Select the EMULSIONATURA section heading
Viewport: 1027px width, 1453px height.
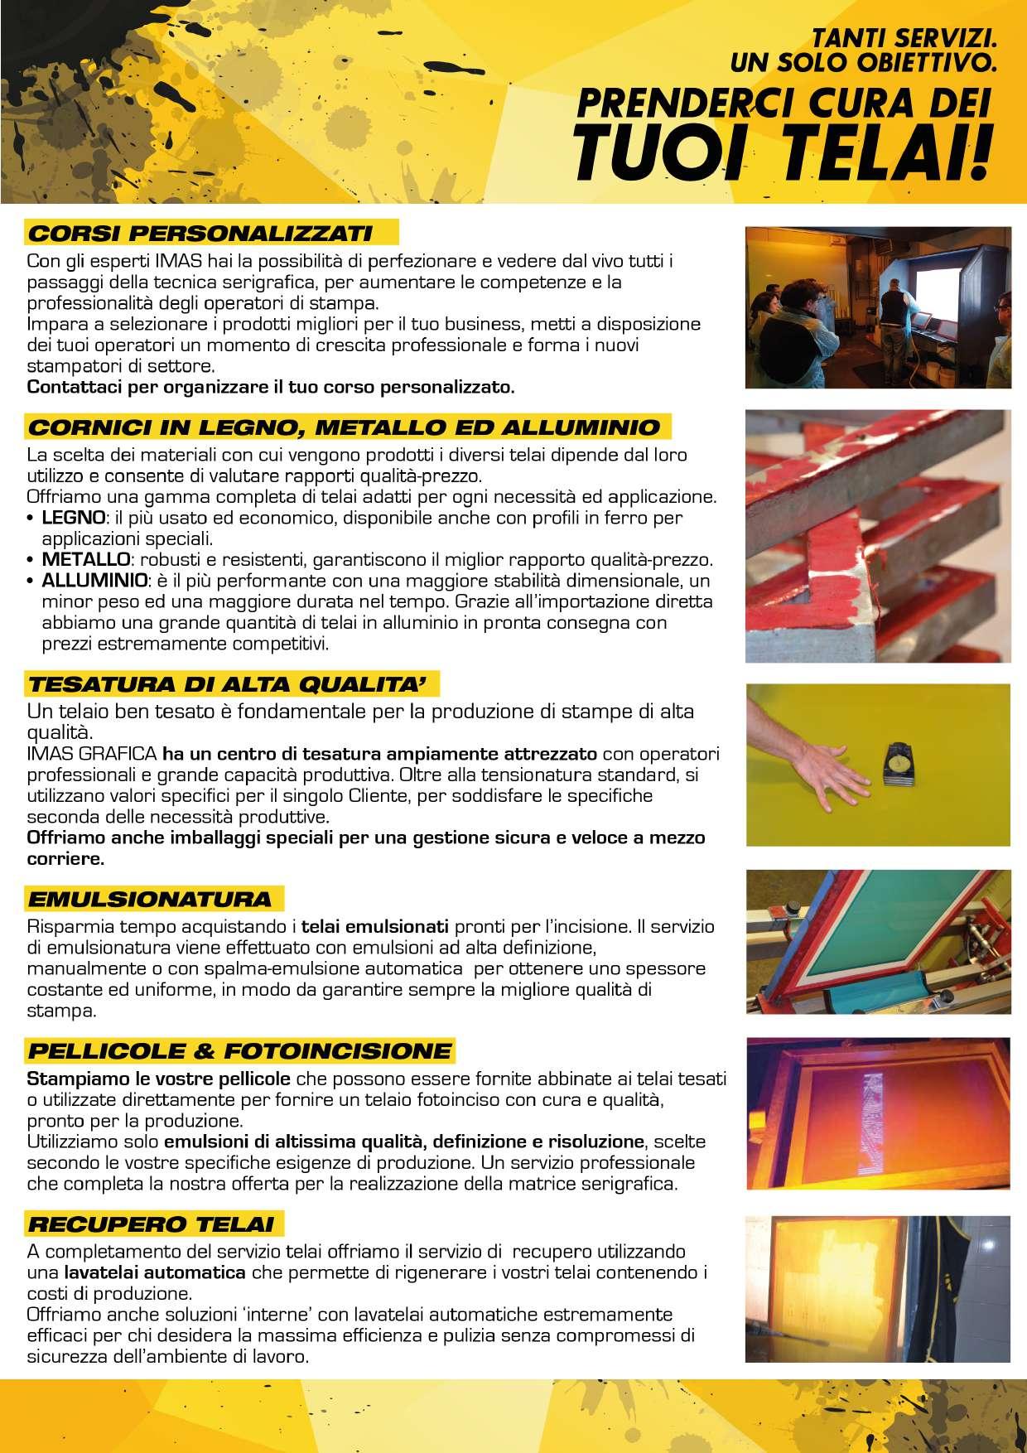(150, 899)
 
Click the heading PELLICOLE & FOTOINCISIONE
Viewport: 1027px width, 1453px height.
(240, 1051)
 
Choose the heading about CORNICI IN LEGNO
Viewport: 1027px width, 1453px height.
(344, 427)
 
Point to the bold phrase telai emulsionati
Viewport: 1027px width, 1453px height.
(374, 926)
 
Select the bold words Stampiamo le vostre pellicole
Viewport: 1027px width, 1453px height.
(158, 1079)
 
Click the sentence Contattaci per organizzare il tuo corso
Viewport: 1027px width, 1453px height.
(271, 387)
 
